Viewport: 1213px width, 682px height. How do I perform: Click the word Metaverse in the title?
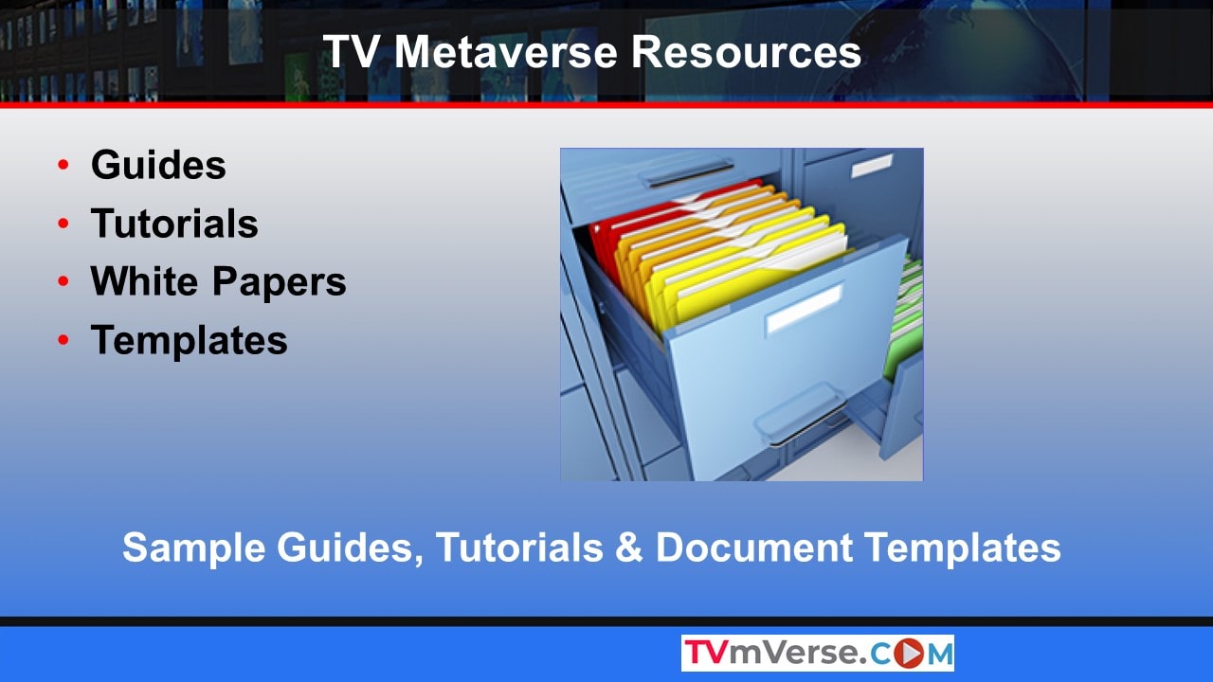point(505,51)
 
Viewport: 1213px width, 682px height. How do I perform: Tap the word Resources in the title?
point(746,51)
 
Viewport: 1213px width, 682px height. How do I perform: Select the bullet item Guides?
point(158,165)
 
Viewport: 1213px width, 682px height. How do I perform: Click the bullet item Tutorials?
point(174,223)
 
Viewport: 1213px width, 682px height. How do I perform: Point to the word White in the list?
point(144,281)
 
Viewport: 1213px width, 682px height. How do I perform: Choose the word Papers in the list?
point(279,283)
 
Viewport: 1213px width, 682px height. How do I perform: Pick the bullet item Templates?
point(189,341)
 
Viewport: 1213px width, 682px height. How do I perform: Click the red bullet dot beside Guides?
point(63,164)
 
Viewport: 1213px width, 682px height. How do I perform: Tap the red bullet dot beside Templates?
point(63,339)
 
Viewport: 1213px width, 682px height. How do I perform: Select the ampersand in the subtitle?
point(628,547)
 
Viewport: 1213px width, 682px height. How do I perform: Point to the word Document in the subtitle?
point(754,547)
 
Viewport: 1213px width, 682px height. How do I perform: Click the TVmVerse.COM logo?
point(818,653)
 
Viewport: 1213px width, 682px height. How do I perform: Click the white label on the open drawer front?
point(805,309)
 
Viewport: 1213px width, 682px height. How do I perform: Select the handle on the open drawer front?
point(802,414)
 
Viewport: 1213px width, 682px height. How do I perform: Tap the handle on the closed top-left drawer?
point(687,173)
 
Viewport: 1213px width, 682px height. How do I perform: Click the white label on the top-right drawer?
point(872,166)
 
